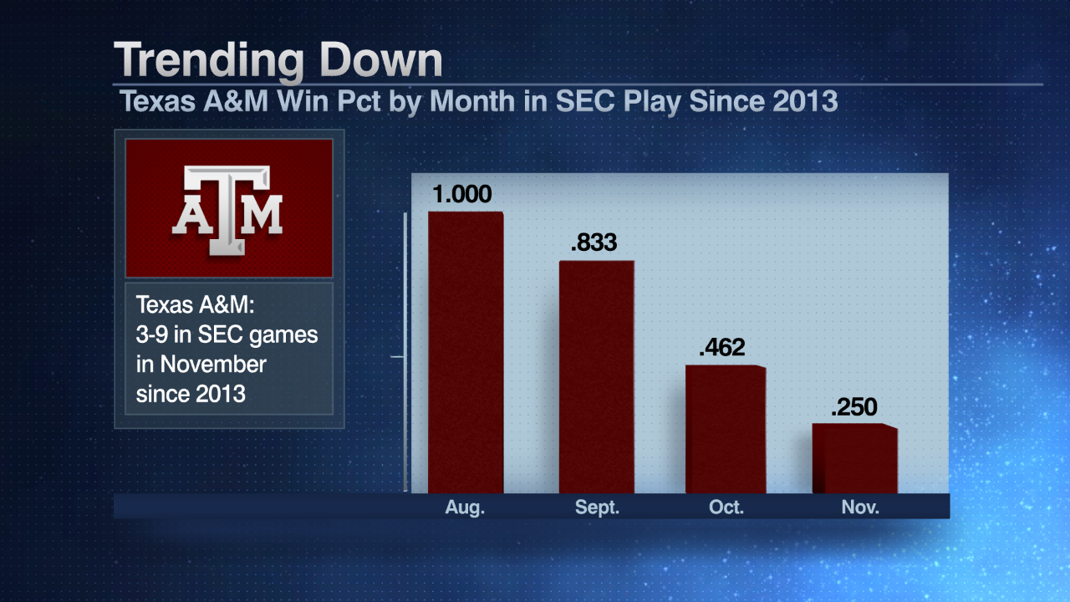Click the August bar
tap(466, 352)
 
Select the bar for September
tap(596, 376)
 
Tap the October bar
tap(725, 429)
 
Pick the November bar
tap(854, 458)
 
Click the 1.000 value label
tap(462, 195)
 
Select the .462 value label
tap(721, 348)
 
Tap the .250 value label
tap(854, 407)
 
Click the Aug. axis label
tap(465, 508)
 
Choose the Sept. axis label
tap(597, 508)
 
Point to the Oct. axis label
tap(726, 508)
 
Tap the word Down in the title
tap(384, 61)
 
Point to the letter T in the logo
tap(227, 201)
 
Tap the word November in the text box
tap(214, 365)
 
